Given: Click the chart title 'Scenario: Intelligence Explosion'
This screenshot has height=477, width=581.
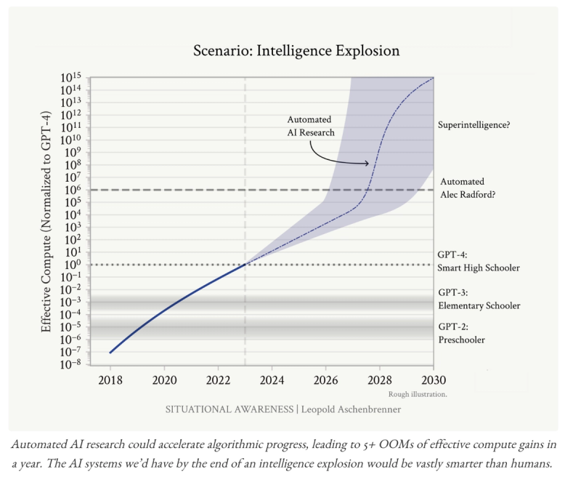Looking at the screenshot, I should [x=296, y=51].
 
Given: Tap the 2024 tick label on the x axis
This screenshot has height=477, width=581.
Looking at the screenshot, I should [x=272, y=379].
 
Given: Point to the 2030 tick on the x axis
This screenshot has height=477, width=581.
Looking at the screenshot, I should [x=433, y=379].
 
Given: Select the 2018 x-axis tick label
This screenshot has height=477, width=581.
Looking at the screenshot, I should [x=110, y=379].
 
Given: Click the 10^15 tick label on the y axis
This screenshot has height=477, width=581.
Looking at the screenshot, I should [x=71, y=78].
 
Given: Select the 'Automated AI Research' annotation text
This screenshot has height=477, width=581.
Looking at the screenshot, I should [x=310, y=126].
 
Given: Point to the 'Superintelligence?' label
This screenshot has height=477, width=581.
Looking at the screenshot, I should [x=474, y=125].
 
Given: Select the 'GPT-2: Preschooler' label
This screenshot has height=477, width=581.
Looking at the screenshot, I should [x=461, y=333].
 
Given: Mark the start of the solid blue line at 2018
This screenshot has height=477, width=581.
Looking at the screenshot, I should [x=110, y=353].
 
